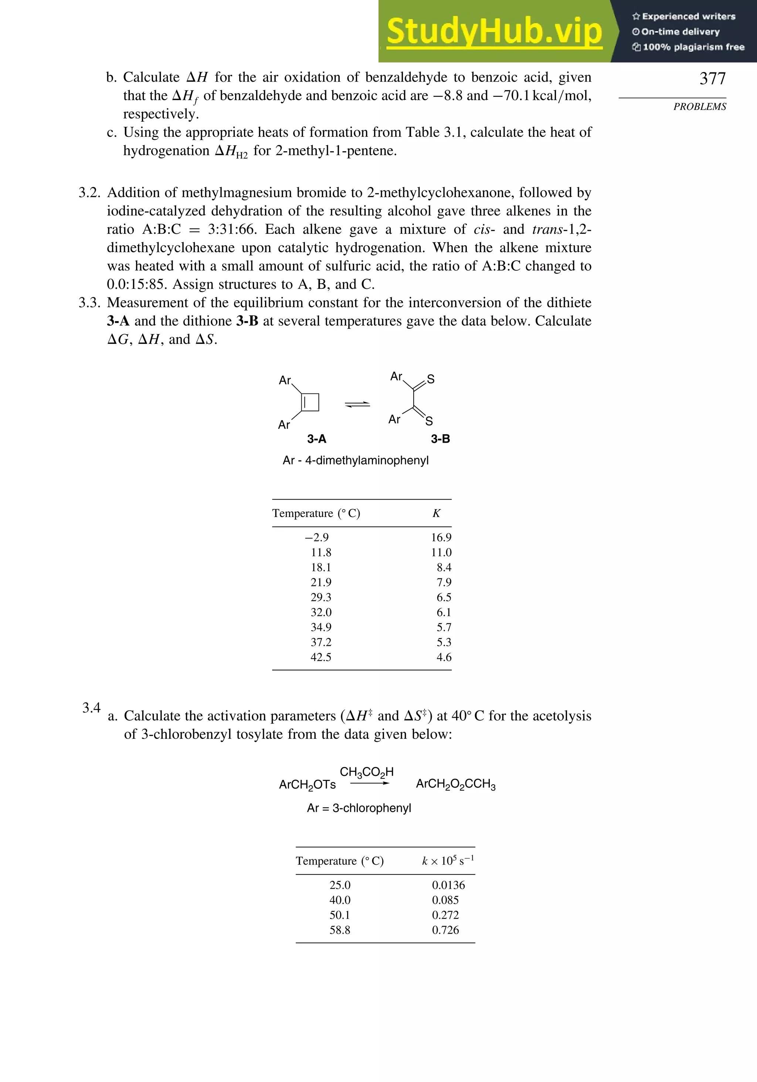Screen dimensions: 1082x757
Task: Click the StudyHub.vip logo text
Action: tap(494, 31)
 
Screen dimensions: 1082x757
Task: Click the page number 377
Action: tap(712, 78)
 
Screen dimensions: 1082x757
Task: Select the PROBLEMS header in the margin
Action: tap(700, 107)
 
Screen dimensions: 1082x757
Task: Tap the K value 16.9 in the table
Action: tap(441, 537)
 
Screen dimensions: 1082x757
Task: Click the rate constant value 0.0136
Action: tap(448, 885)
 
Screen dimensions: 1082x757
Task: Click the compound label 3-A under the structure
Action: tap(316, 439)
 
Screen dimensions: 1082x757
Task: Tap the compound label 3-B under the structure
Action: tap(441, 439)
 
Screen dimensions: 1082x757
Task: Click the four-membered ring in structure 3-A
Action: tap(310, 402)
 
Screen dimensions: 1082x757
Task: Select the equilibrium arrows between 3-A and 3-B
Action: tap(357, 404)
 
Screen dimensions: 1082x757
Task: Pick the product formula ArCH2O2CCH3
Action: tap(455, 785)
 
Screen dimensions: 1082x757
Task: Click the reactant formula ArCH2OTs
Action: tap(307, 785)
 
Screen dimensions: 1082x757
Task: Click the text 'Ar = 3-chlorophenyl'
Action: tap(359, 808)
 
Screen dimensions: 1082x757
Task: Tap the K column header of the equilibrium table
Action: tap(436, 513)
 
